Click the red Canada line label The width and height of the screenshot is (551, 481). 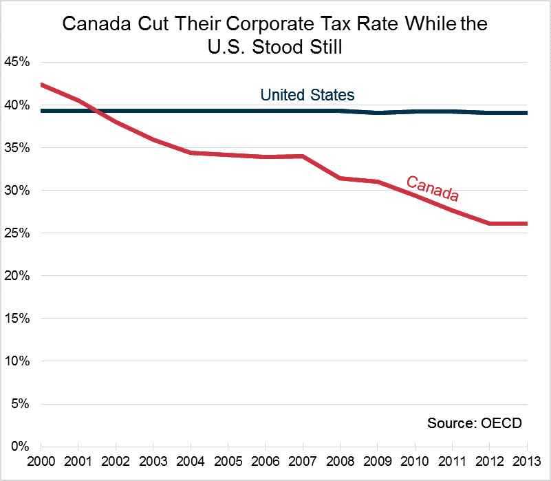point(432,188)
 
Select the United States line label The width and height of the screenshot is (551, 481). point(307,95)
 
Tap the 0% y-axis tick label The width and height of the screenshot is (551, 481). point(19,446)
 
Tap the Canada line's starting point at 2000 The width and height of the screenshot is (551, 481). point(41,85)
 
